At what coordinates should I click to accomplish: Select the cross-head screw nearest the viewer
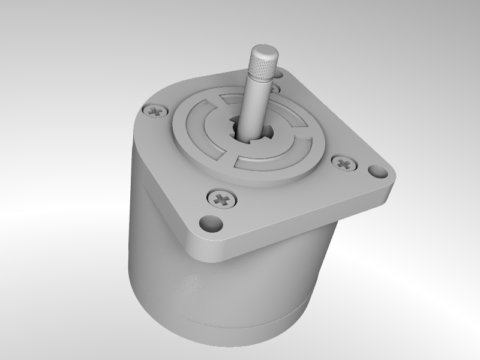tap(221, 198)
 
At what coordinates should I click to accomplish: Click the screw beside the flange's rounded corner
tap(155, 110)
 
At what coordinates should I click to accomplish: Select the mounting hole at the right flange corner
tap(376, 172)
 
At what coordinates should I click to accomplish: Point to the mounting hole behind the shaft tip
tap(280, 74)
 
